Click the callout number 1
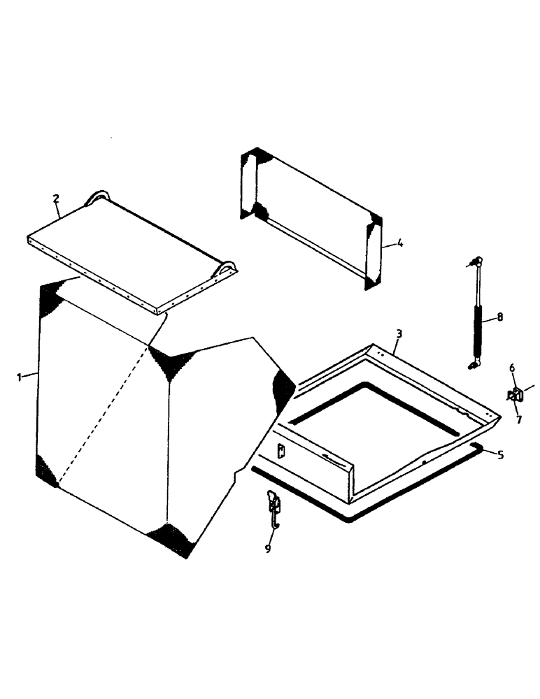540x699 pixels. click(x=20, y=377)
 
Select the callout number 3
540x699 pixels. click(x=398, y=333)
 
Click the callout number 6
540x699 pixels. click(x=512, y=368)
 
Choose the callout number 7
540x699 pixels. click(x=518, y=419)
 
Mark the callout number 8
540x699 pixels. click(x=499, y=317)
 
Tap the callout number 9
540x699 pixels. click(x=267, y=549)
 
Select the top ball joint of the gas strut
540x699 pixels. click(x=475, y=262)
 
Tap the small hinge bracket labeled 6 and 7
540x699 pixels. click(x=516, y=395)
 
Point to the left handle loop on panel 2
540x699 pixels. click(x=97, y=197)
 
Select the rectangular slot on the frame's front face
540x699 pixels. click(x=281, y=452)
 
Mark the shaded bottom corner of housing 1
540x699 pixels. click(x=170, y=539)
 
